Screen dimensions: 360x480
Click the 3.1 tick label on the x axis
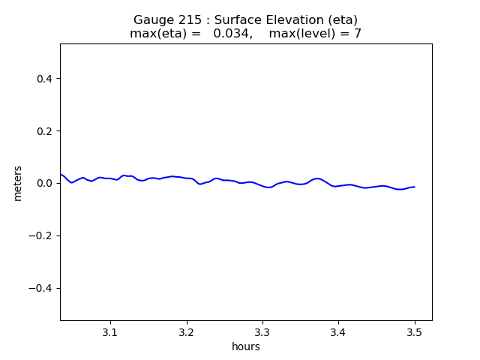click(x=110, y=331)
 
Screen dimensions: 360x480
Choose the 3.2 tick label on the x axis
click(x=187, y=331)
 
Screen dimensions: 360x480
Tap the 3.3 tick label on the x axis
click(x=262, y=331)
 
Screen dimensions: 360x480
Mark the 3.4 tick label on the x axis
click(x=338, y=331)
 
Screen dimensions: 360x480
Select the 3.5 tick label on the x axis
click(x=415, y=331)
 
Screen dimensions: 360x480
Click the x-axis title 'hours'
click(x=246, y=346)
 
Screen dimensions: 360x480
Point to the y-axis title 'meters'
click(x=18, y=183)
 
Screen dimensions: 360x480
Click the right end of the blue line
click(x=415, y=187)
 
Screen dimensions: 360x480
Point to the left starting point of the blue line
click(x=61, y=175)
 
